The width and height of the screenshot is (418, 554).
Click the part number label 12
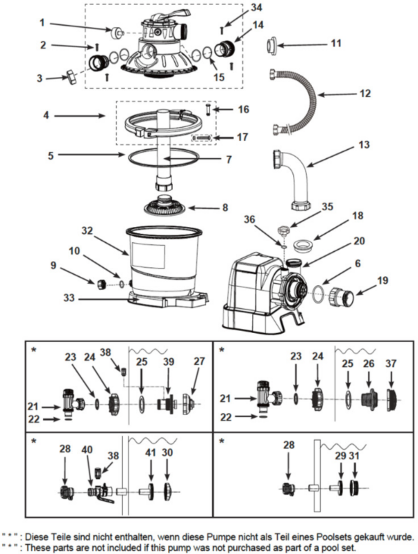(365, 93)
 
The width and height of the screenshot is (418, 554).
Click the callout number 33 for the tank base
(69, 298)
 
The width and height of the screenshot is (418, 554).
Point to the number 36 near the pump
(249, 219)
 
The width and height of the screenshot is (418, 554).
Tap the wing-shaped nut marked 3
(70, 77)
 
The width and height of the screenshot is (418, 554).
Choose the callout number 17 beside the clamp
(242, 137)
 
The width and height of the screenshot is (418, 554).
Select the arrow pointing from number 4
(80, 116)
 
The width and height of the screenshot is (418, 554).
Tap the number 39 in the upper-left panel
(169, 361)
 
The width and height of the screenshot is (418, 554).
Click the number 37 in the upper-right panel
(391, 363)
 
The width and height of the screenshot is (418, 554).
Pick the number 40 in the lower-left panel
(87, 450)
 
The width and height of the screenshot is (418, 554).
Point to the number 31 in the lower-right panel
(354, 455)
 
